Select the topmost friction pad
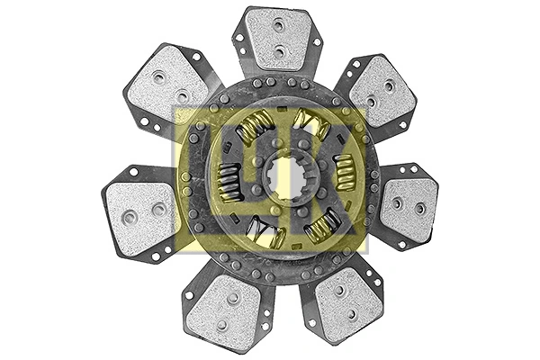pyautogui.click(x=277, y=40)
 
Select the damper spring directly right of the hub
pyautogui.click(x=344, y=172)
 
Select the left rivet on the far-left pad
pyautogui.click(x=130, y=217)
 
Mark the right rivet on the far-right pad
pyautogui.click(x=420, y=209)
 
